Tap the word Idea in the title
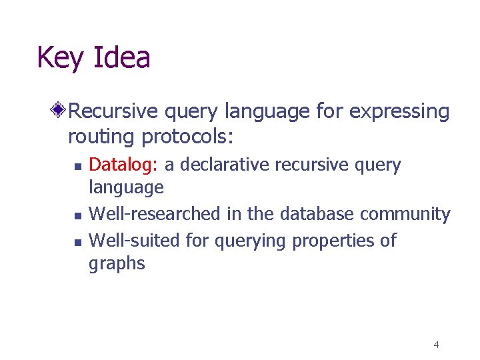pyautogui.click(x=121, y=57)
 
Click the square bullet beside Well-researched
pyautogui.click(x=77, y=215)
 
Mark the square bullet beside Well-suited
pyautogui.click(x=77, y=241)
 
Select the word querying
pyautogui.click(x=249, y=240)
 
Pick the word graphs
pyautogui.click(x=117, y=264)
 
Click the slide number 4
pyautogui.click(x=436, y=345)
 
